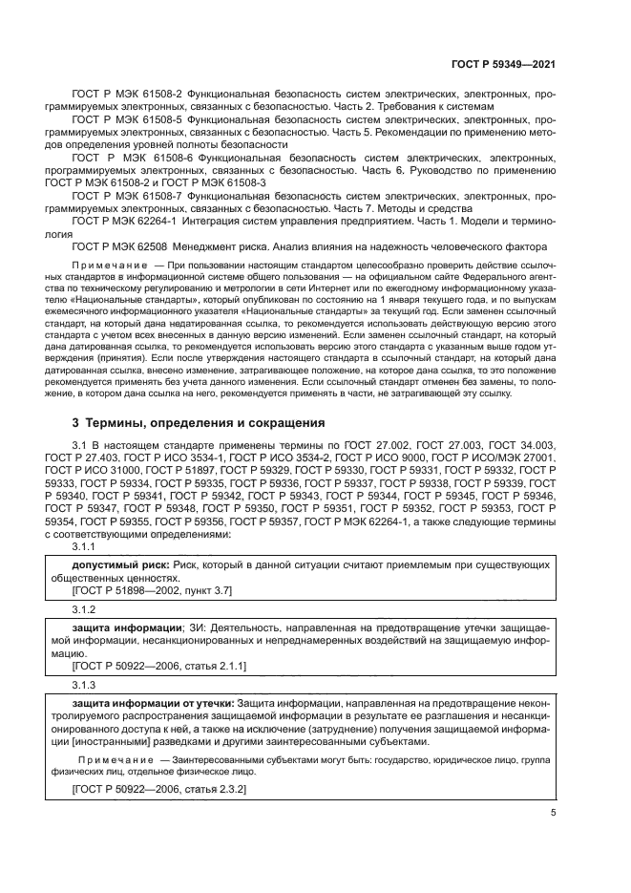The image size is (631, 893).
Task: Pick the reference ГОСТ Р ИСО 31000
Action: point(91,470)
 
